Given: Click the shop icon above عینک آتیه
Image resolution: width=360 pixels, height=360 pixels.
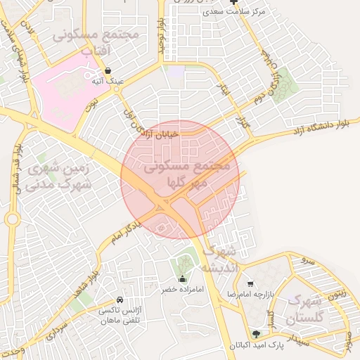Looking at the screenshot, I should [108, 71].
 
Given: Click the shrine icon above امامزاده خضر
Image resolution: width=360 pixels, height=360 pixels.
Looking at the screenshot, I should [183, 278].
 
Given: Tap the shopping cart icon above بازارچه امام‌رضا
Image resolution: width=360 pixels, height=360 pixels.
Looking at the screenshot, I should [250, 283].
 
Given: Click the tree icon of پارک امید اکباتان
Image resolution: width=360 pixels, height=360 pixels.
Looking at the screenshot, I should [256, 335].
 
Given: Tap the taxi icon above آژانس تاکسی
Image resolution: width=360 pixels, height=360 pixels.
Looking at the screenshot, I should [120, 300].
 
